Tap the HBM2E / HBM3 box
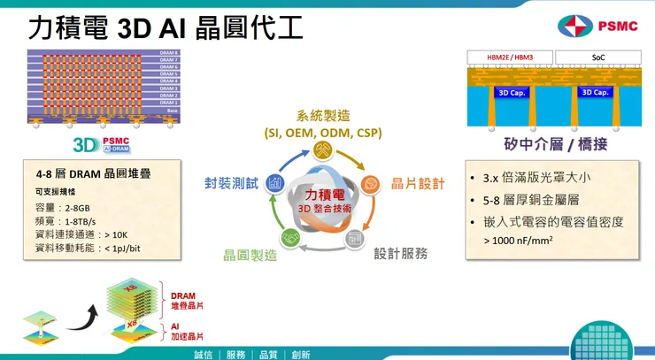pos(510,57)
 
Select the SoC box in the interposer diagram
pos(597,57)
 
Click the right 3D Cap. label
pos(596,92)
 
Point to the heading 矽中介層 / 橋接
pos(554,144)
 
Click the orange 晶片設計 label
pos(417,183)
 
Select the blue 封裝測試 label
pos(231,183)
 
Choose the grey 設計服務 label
pos(400,253)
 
